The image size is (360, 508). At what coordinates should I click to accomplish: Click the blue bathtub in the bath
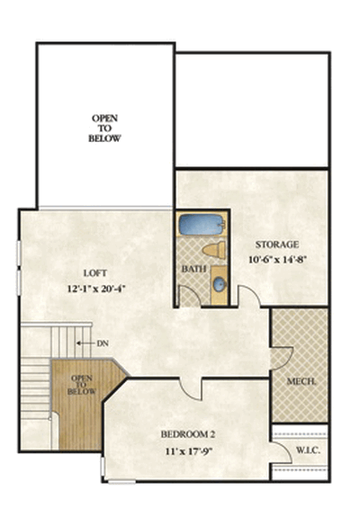point(202,224)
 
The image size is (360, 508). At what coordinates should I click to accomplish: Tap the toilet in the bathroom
point(214,250)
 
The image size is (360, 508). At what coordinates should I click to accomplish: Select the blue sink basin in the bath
point(220,285)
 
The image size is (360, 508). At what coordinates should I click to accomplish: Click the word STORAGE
point(277,245)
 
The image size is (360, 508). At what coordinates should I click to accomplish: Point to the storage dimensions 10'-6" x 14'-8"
point(277,260)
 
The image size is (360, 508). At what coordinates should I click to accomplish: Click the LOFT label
point(95,273)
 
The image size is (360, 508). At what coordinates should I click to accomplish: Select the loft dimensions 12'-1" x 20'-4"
point(96,289)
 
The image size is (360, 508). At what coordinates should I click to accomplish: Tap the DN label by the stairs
point(103,343)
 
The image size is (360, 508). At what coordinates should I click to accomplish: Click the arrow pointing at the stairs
point(85,343)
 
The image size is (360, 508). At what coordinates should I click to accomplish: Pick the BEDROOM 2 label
point(188,434)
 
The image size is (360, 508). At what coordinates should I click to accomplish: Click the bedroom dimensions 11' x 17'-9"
point(189,451)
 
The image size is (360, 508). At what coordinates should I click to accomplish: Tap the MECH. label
point(301,381)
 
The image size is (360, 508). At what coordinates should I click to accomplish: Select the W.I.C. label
point(308,450)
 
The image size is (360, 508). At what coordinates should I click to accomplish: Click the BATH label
point(193,269)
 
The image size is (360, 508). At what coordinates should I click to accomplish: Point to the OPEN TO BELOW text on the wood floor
point(82,385)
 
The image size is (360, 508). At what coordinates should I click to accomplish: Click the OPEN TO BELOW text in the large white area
point(104,129)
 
